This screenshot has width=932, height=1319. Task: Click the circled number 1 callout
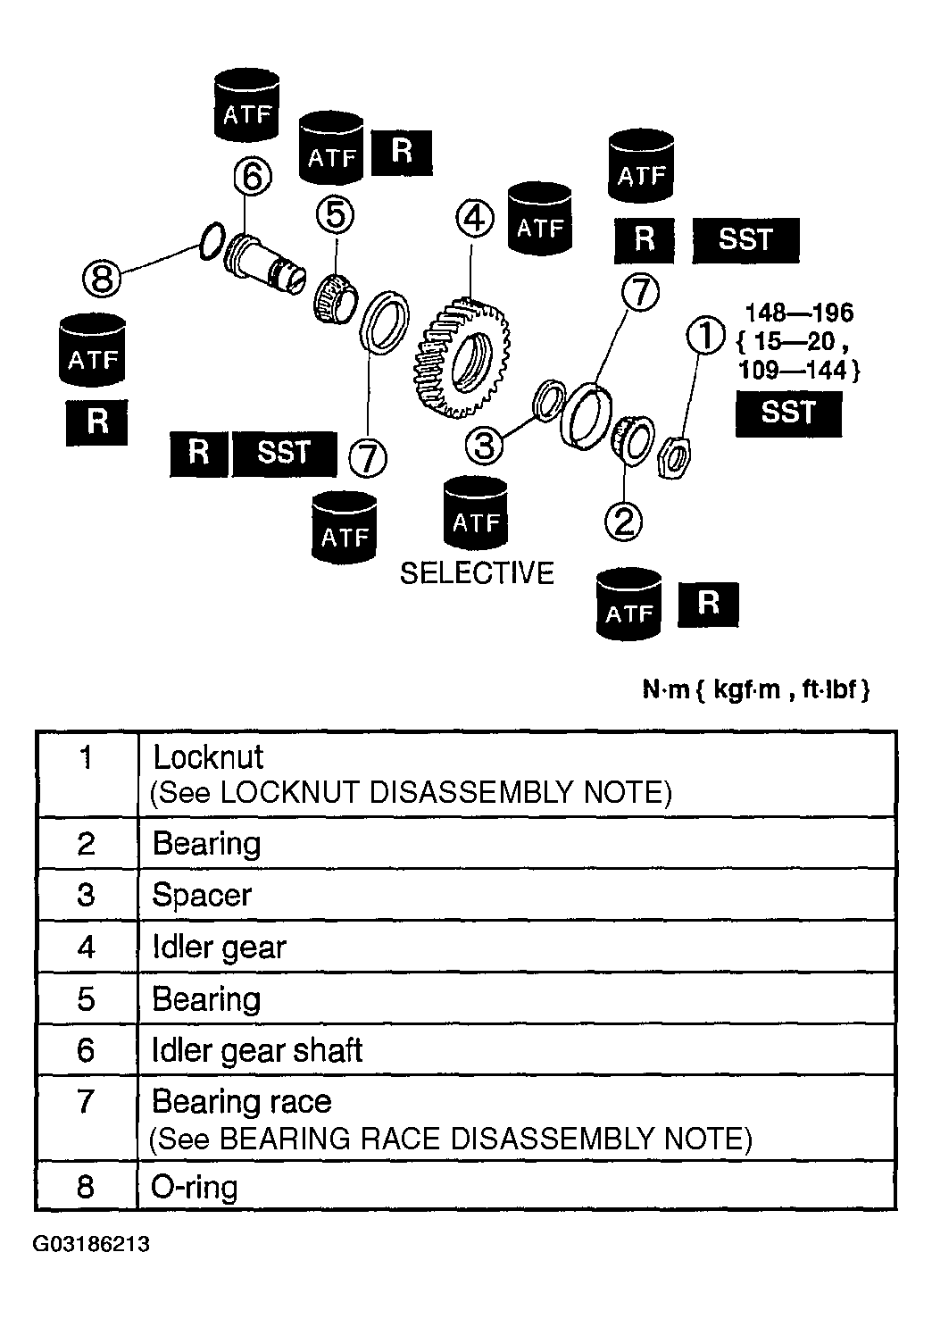(705, 338)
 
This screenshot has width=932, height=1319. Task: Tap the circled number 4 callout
(475, 218)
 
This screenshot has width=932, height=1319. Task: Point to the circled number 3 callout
(485, 444)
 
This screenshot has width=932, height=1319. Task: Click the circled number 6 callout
(252, 178)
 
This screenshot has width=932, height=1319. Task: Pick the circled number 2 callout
(623, 521)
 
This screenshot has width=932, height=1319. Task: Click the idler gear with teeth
(460, 357)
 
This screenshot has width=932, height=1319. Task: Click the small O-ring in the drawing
(211, 242)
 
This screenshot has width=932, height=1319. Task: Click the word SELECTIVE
(477, 573)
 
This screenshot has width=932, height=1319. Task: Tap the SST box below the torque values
(788, 413)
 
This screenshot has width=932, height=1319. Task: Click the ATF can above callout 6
(247, 107)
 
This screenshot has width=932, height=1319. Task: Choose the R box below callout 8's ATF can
(97, 422)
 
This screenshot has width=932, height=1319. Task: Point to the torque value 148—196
(799, 313)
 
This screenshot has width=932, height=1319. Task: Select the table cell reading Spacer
(203, 896)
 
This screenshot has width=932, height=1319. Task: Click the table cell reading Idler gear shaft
(257, 1050)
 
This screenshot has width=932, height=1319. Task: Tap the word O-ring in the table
(195, 1188)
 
